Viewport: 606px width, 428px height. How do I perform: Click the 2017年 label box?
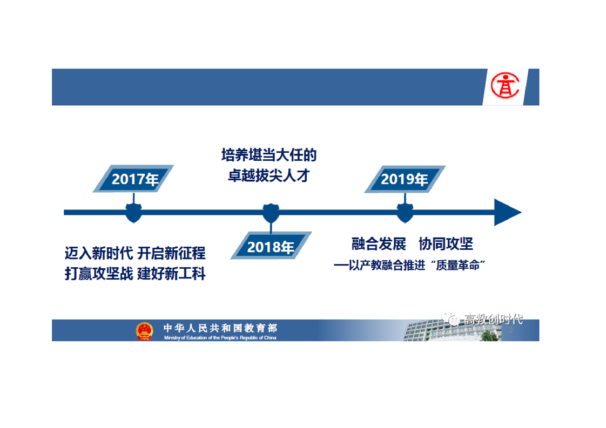point(133,179)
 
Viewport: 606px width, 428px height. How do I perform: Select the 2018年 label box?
point(271,246)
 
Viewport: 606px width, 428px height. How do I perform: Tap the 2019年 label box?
point(405,179)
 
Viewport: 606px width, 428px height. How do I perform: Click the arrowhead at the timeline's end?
point(508,212)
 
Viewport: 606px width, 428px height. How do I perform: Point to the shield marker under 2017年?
point(134,213)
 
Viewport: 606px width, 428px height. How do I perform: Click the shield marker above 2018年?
point(271,213)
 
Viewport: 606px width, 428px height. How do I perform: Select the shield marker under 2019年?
point(405,213)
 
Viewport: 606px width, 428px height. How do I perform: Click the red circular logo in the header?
point(505,86)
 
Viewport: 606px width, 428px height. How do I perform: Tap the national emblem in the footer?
point(144,331)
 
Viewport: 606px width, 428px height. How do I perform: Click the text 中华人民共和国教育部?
point(220,328)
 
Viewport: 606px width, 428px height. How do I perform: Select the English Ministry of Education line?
point(220,338)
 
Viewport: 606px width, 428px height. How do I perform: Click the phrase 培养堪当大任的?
point(269,155)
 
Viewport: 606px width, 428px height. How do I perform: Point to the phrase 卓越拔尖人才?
point(269,176)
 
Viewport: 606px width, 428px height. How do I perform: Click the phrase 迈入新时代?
point(99,254)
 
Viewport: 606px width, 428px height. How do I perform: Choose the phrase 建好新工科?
point(171,274)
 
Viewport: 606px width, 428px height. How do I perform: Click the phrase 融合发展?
point(379,244)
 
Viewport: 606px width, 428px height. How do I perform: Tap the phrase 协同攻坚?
point(446,244)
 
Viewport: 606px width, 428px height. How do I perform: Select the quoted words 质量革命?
point(457,265)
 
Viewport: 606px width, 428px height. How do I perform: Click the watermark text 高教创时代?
point(494,320)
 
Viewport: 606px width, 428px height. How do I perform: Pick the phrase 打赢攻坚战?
point(99,274)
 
